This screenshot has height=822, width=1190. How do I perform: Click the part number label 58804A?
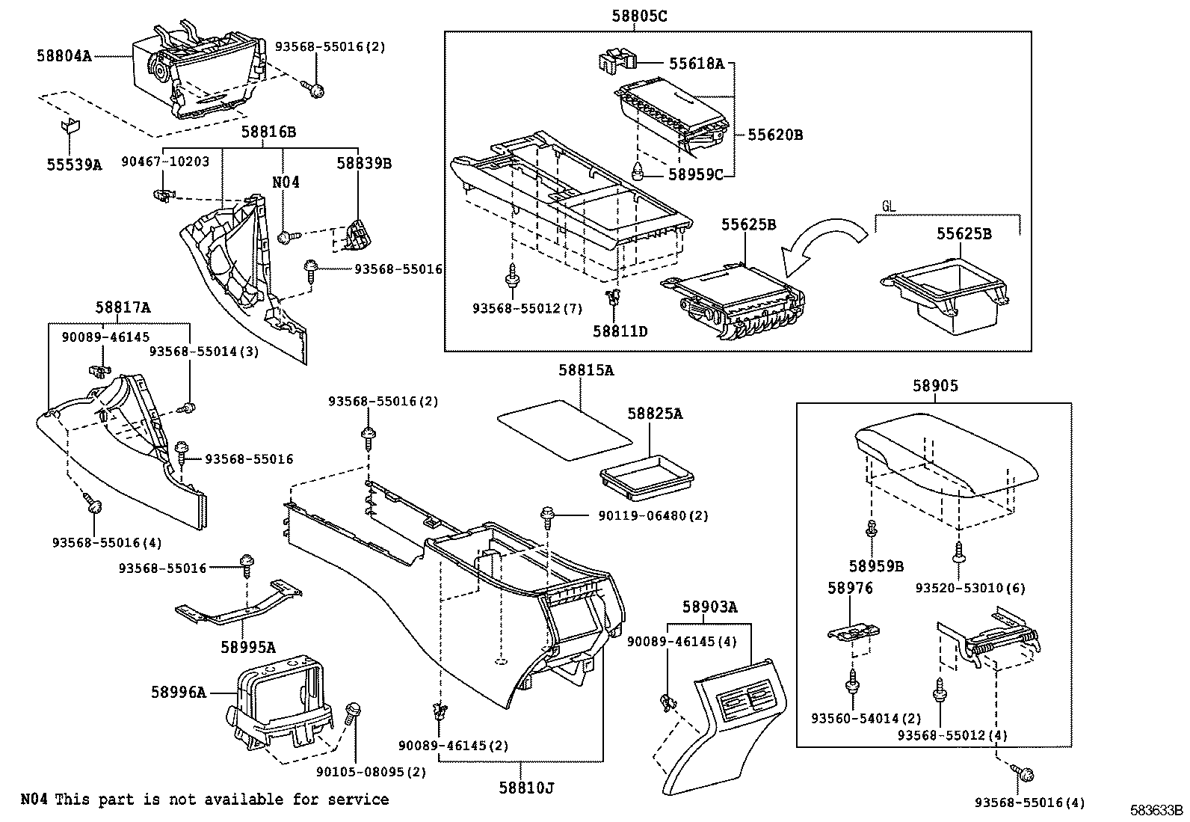point(64,55)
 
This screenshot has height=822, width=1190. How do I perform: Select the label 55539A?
point(73,165)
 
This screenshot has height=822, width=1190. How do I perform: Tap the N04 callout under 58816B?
point(286,182)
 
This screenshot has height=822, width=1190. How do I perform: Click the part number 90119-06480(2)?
point(653,515)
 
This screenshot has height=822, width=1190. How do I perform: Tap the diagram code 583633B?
point(1156,810)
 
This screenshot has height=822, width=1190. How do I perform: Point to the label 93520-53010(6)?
point(970,588)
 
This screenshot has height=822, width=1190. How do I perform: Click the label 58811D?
point(620,330)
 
